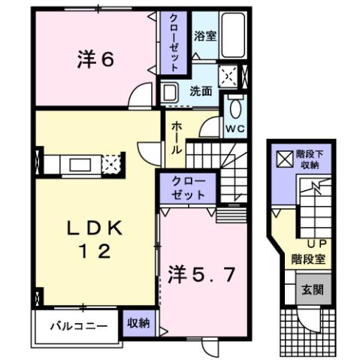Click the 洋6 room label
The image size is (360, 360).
95,59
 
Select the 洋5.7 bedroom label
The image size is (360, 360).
204,274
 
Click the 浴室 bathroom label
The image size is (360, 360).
205,35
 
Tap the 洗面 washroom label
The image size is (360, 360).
200,92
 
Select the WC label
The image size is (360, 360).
235,128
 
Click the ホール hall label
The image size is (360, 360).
176,138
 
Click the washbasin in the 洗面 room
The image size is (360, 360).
169,92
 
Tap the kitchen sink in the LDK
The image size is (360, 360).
80,163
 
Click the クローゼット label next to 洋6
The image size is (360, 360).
173,43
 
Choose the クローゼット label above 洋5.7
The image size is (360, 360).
186,187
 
